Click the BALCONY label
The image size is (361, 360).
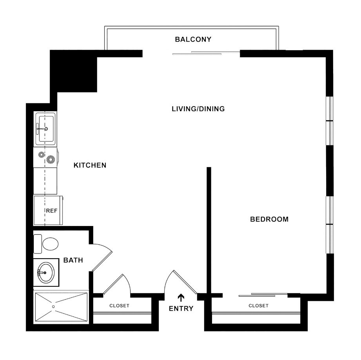pyautogui.click(x=193, y=39)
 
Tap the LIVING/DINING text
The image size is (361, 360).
pyautogui.click(x=198, y=109)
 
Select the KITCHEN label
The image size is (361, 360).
pyautogui.click(x=90, y=165)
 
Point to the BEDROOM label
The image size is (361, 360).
pyautogui.click(x=269, y=219)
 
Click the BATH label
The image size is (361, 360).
pyautogui.click(x=73, y=260)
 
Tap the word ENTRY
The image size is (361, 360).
pyautogui.click(x=181, y=309)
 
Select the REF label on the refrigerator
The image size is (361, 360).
pyautogui.click(x=52, y=211)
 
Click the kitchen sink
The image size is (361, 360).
pyautogui.click(x=45, y=128)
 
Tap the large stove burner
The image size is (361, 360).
pyautogui.click(x=50, y=159)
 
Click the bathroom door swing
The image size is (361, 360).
pyautogui.click(x=103, y=257)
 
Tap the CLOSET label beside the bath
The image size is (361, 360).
pyautogui.click(x=119, y=306)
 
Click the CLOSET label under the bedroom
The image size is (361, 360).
pyautogui.click(x=259, y=306)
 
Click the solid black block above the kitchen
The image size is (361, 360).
pyautogui.click(x=74, y=72)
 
